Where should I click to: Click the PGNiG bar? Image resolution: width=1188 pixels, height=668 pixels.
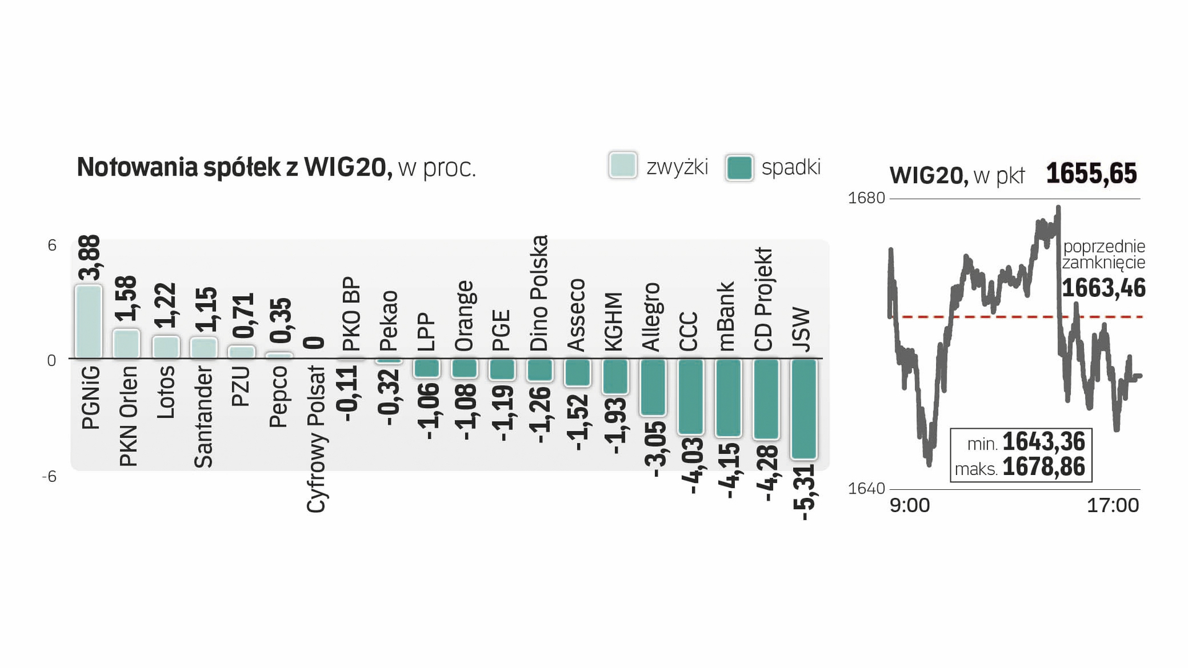pos(89,322)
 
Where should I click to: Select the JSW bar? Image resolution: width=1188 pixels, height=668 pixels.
pos(804,409)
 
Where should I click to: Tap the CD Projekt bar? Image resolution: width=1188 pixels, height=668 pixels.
pos(766,399)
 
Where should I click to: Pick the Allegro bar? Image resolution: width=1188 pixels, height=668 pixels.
pos(653,387)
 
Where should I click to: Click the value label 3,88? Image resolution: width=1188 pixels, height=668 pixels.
pos(89,257)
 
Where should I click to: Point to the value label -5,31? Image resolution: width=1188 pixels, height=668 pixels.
pos(804,493)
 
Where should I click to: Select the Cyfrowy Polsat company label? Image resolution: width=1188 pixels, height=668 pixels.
pos(316,439)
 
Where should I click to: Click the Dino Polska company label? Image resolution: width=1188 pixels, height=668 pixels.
pos(539,293)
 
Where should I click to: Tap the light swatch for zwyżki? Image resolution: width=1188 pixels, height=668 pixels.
pos(623,166)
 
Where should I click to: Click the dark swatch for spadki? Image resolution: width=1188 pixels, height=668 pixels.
pos(739,168)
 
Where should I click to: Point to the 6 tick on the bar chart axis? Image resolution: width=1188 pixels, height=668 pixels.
pos(52,246)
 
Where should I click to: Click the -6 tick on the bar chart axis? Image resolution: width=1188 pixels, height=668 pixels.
pos(50,477)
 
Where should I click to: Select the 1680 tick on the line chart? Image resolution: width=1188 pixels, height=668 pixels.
pos(866,198)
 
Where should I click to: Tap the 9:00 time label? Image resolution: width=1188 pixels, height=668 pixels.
pos(909,506)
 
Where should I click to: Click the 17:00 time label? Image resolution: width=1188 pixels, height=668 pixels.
pos(1112,506)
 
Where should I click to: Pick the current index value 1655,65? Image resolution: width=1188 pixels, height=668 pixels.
pos(1091,174)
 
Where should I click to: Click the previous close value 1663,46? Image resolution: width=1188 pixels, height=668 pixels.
pos(1104,288)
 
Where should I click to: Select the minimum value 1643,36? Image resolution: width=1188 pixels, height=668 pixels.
pos(1044,442)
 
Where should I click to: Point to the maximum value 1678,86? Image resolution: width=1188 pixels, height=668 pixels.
pos(1044,468)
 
